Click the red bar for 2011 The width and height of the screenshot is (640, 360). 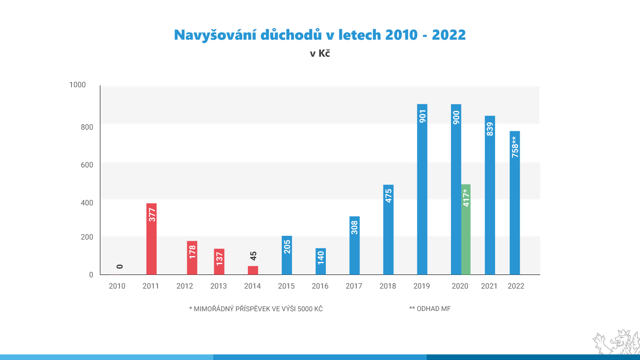tap(151, 238)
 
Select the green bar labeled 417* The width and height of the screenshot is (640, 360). tap(466, 229)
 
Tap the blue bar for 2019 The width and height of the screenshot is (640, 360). tap(422, 189)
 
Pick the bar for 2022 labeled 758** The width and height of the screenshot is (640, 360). tap(514, 202)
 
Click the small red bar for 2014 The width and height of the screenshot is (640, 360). tap(253, 270)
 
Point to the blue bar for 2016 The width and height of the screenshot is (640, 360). tap(320, 261)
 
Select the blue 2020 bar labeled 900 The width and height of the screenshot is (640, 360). tap(456, 189)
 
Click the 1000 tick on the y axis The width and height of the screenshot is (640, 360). tap(77, 85)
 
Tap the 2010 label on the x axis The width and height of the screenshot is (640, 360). tap(117, 286)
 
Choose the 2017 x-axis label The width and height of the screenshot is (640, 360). tap(354, 286)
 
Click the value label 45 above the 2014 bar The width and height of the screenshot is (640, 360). tap(253, 256)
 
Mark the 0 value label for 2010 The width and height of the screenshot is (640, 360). tap(120, 267)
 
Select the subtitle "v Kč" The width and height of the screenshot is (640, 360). tap(320, 54)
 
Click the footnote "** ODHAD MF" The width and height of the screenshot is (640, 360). tap(430, 309)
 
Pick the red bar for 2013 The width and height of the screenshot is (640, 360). tap(219, 261)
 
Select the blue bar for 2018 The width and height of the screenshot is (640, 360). tap(388, 229)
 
